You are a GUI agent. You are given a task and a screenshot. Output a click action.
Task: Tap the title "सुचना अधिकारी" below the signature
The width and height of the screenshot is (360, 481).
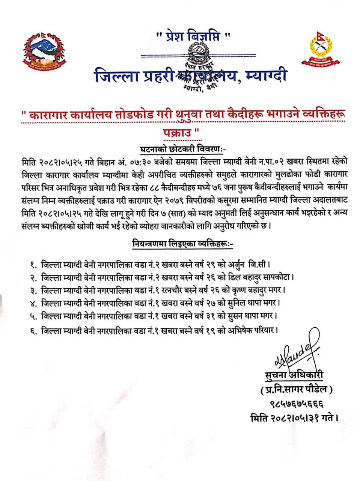point(293,375)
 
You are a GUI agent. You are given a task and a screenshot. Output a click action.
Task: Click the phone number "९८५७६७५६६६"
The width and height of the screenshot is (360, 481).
point(297,404)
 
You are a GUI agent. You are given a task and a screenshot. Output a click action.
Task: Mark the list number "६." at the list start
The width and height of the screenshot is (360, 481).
point(33,331)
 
